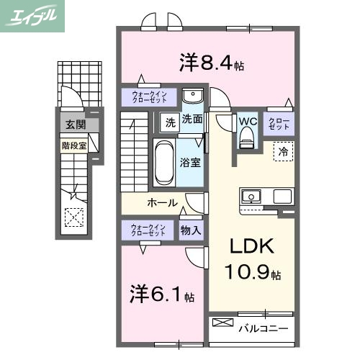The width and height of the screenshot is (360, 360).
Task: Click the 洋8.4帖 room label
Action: coord(211,63)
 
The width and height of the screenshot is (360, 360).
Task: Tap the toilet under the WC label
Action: coord(248,136)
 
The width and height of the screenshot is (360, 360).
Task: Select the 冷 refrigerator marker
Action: coord(283,152)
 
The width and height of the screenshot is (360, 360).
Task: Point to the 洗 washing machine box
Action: coord(170,120)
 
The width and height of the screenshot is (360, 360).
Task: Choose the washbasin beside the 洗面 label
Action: coord(192,97)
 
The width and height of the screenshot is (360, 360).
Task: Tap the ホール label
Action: coord(163,202)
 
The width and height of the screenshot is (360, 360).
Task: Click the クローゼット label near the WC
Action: coord(279,122)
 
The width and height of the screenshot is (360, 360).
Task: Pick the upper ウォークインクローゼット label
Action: coord(148,97)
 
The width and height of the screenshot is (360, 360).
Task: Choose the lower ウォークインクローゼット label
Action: coord(148,230)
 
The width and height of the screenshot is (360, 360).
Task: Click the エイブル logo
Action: coord(33,15)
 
